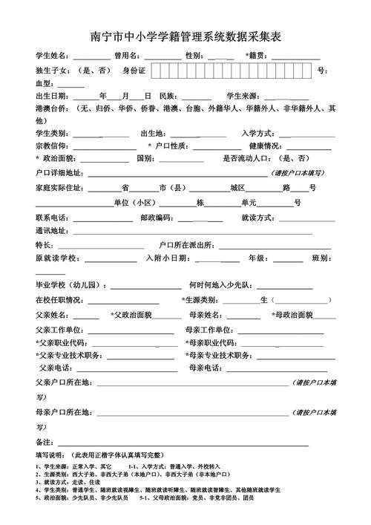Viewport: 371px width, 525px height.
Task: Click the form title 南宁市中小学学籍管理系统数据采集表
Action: pos(185,36)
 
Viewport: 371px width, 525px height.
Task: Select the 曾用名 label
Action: pos(125,56)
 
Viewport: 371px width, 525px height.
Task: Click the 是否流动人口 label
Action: pos(247,159)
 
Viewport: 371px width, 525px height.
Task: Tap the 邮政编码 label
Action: pos(156,218)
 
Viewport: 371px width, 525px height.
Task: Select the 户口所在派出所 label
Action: pos(186,244)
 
